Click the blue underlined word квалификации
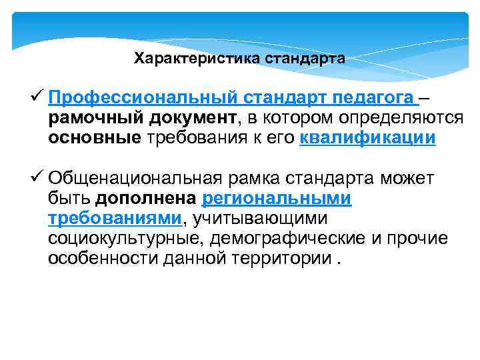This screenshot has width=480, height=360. pos(368,139)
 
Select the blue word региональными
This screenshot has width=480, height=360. pos(276,199)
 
